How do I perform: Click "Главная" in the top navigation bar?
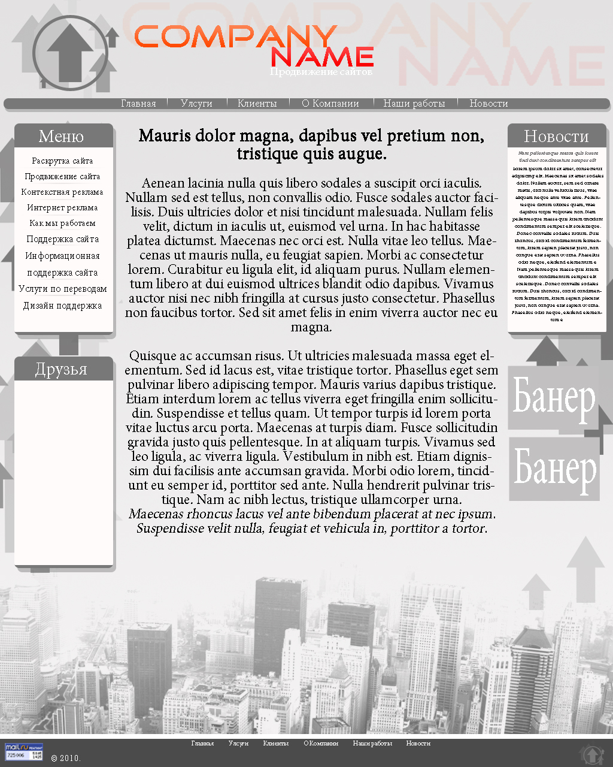138,104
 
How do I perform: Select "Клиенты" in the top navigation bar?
257,104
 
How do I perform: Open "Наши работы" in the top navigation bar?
414,104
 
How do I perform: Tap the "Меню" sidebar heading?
61,137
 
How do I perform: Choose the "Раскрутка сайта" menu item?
62,161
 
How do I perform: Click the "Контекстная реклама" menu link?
62,192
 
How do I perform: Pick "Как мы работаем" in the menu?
62,224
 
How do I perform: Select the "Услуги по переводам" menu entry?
62,289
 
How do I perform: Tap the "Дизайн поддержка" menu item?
62,306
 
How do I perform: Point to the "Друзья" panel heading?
61,369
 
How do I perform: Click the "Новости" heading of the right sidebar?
556,137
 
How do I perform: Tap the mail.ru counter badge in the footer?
24,751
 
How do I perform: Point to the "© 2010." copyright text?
66,758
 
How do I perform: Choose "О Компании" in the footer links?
321,744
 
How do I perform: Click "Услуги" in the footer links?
238,744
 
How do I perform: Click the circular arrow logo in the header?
70,53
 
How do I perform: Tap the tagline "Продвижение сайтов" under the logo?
321,72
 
